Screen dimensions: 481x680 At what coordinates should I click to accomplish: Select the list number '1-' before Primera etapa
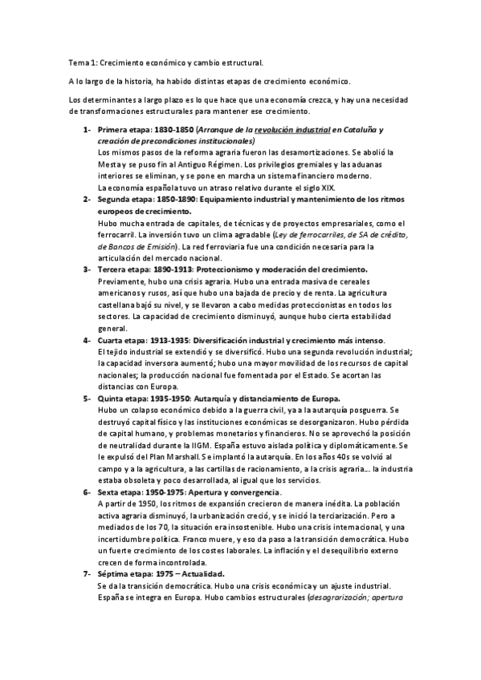coord(87,130)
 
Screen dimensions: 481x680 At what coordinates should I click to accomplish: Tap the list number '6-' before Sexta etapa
coord(87,469)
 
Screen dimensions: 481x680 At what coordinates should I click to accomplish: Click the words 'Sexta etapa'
coord(122,469)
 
